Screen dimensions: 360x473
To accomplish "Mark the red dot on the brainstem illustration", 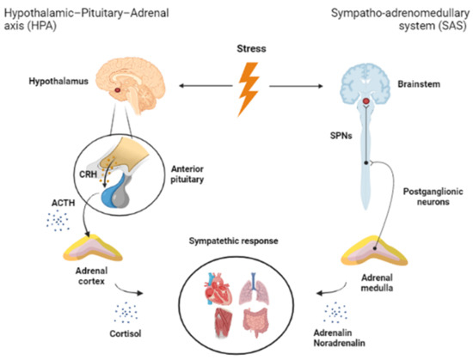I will click(367, 104).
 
